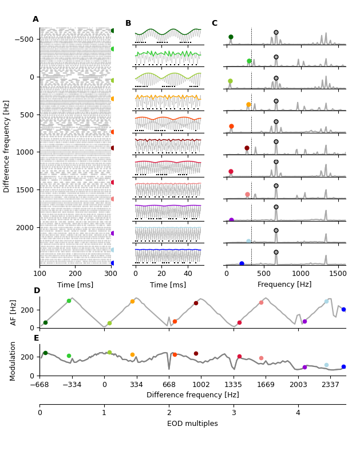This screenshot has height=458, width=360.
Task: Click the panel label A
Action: (x=35, y=19)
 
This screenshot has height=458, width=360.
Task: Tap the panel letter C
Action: (x=214, y=23)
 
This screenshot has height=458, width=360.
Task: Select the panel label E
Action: (x=37, y=338)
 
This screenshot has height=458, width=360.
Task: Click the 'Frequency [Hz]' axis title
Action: (x=284, y=285)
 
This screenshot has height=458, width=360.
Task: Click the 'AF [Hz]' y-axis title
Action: (x=14, y=312)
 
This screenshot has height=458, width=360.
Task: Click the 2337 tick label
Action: (x=330, y=385)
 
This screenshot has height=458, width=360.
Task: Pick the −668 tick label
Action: (x=39, y=385)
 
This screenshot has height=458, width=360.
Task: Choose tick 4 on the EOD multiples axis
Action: (x=298, y=413)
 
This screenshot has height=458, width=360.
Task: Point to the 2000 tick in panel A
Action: (x=25, y=227)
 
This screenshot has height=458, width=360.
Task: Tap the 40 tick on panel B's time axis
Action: (x=188, y=274)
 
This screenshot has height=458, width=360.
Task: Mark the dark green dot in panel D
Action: (x=45, y=322)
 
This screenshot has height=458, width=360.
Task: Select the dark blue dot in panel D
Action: (x=343, y=309)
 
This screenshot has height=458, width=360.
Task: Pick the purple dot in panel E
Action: (x=304, y=367)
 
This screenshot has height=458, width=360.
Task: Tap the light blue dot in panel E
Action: (x=326, y=365)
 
